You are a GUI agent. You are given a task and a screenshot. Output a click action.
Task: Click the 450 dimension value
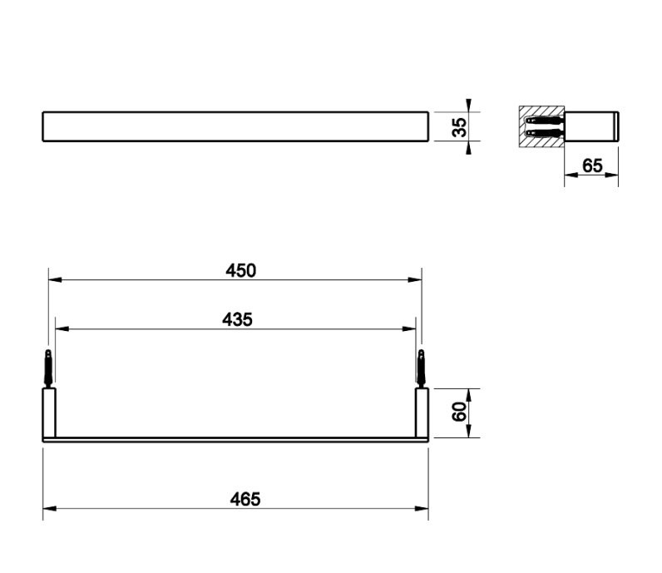pos(240,270)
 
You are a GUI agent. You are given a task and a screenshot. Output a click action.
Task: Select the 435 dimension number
pos(237,319)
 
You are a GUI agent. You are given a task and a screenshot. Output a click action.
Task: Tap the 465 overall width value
pos(245,500)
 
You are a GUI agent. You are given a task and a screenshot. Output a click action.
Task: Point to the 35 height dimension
pos(460,127)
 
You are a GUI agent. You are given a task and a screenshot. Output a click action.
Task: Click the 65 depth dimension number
pos(592,165)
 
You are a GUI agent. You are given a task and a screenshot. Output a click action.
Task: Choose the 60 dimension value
pos(460,412)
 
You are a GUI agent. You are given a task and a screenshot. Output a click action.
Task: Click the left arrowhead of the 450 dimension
pos(55,279)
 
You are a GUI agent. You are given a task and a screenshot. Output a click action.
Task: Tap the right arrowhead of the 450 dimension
pos(416,279)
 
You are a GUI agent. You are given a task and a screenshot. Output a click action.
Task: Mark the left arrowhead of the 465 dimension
pos(49,508)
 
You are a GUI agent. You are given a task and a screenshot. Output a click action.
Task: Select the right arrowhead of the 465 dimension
pos(422,508)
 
